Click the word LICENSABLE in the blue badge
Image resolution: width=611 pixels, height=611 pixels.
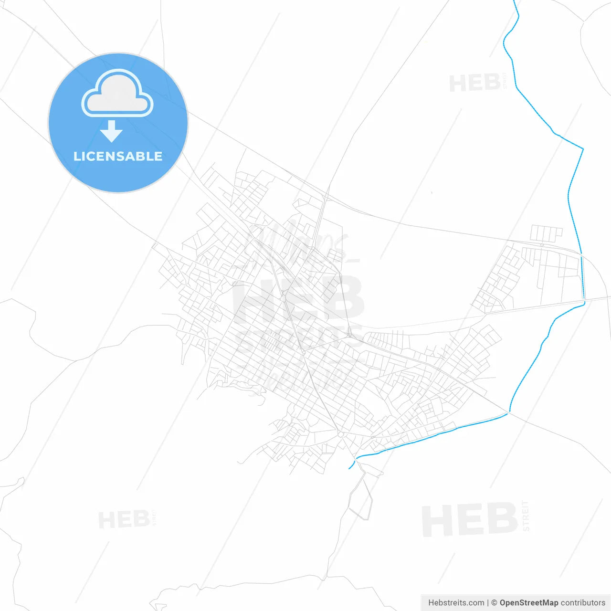click(118, 156)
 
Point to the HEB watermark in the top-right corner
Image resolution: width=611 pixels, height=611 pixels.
click(474, 84)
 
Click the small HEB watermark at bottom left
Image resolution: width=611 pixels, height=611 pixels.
click(124, 519)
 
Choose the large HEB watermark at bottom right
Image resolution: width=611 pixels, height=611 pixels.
click(470, 520)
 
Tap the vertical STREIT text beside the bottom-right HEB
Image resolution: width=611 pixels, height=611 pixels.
click(526, 516)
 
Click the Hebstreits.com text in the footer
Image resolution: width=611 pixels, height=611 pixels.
click(456, 603)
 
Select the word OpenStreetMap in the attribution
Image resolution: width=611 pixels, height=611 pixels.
click(529, 603)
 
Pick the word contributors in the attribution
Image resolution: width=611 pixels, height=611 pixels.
click(583, 603)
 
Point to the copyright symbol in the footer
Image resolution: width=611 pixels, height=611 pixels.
click(494, 603)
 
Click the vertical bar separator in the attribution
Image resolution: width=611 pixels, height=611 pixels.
click(488, 603)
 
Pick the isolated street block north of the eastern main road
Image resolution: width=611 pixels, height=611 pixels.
click(546, 233)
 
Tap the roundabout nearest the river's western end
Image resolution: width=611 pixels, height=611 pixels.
click(340, 434)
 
